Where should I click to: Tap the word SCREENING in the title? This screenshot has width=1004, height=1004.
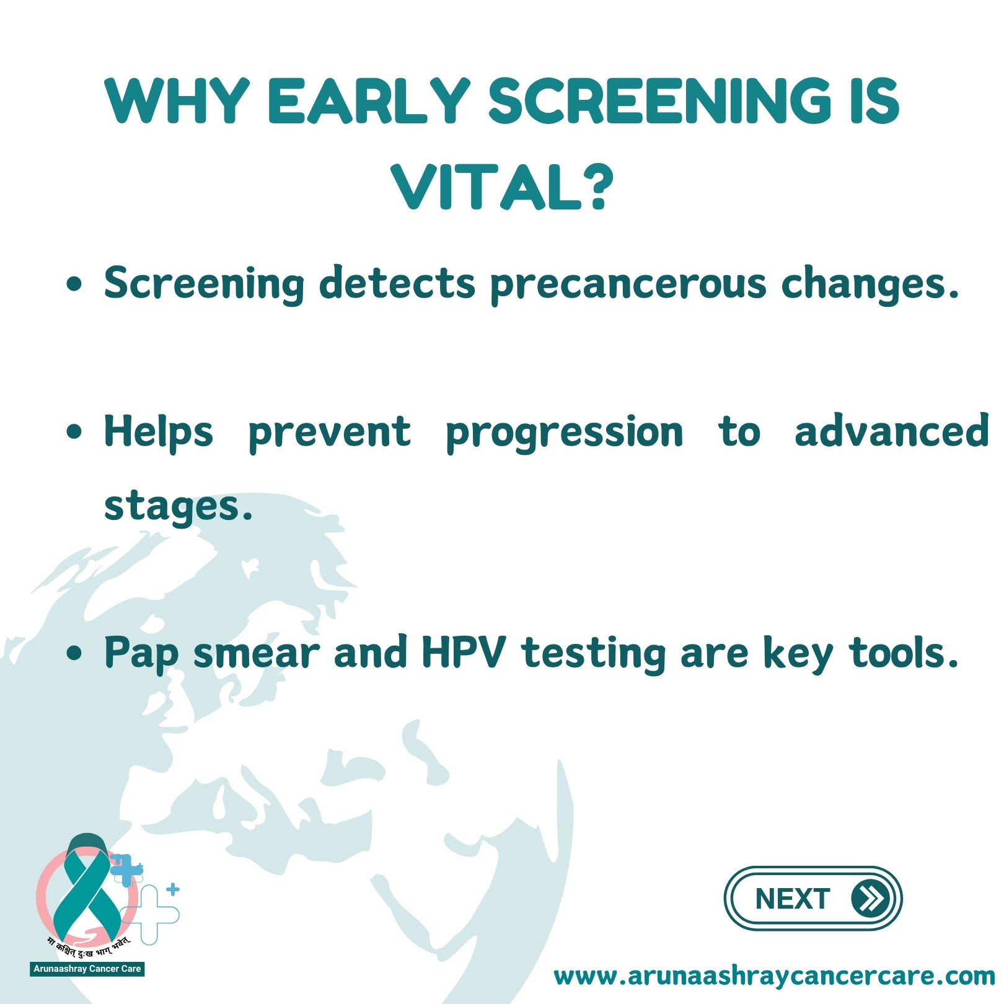pyautogui.click(x=661, y=100)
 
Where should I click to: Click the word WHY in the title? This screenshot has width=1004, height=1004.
pyautogui.click(x=178, y=100)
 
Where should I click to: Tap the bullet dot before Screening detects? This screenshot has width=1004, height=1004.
pyautogui.click(x=74, y=284)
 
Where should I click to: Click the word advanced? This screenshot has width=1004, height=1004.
pyautogui.click(x=892, y=430)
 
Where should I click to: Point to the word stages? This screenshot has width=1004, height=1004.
pyautogui.click(x=178, y=506)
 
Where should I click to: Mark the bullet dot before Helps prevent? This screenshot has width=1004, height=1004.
pyautogui.click(x=74, y=432)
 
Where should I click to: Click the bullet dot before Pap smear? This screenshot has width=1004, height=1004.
pyautogui.click(x=74, y=653)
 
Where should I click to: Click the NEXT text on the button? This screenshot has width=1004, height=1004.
pyautogui.click(x=792, y=899)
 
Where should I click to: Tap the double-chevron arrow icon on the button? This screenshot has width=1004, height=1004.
pyautogui.click(x=870, y=899)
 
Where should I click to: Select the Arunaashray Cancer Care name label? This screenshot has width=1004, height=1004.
pyautogui.click(x=87, y=969)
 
